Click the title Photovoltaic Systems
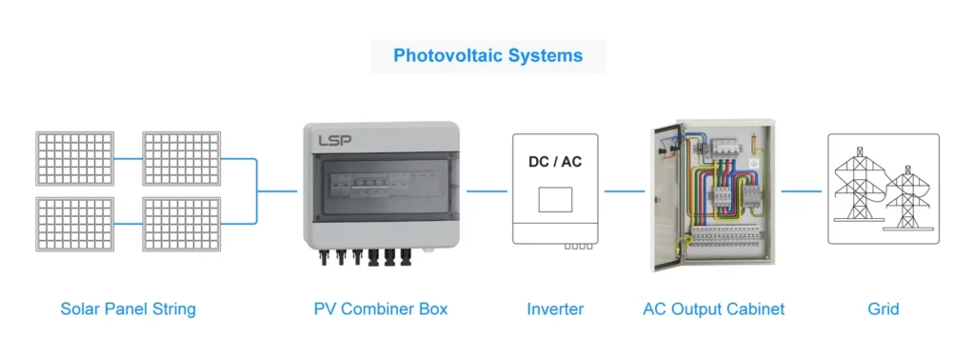(487, 55)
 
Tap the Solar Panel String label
(128, 309)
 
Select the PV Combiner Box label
(381, 309)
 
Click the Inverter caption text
(555, 309)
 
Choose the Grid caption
(883, 309)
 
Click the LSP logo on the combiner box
(335, 140)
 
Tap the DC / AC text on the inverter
(555, 162)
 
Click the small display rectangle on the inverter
(555, 199)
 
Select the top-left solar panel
(72, 158)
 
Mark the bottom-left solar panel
(72, 223)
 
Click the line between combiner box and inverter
(487, 190)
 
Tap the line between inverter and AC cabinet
(624, 190)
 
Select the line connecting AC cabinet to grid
(802, 190)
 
